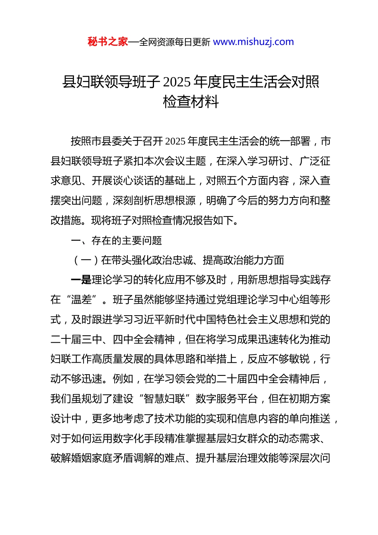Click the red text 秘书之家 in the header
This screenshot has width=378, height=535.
tap(108, 42)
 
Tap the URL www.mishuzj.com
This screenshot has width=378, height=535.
tap(253, 42)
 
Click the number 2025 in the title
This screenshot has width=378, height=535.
tap(177, 82)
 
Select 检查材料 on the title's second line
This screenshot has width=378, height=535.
tap(191, 102)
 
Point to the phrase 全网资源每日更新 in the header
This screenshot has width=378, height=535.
tap(175, 42)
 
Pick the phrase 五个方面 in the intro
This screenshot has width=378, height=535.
tap(247, 181)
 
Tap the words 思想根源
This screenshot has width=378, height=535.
tap(175, 200)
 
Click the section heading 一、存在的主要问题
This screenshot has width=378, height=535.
tap(116, 240)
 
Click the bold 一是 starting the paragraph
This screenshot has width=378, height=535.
tap(81, 280)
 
